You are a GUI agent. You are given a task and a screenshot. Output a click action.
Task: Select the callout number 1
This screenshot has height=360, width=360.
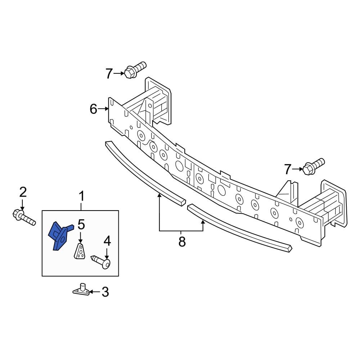click(81, 197)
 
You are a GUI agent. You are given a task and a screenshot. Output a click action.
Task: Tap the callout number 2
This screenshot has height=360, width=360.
click(23, 192)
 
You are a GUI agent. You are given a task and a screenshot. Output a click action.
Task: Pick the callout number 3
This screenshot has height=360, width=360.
click(105, 292)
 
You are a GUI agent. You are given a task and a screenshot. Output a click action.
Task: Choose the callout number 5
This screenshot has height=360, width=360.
click(81, 225)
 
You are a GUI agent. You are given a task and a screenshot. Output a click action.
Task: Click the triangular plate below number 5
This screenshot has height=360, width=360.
click(80, 251)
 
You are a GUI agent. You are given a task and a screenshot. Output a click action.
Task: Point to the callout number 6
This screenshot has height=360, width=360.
click(93, 109)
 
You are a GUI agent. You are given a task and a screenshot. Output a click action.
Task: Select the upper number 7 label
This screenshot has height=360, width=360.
click(109, 74)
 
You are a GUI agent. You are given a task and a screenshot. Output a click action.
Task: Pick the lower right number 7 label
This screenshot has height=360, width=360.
click(287, 169)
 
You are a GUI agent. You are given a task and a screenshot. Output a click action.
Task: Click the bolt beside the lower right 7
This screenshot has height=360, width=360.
click(313, 166)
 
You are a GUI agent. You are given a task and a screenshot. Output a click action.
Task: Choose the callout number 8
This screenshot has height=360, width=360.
click(182, 242)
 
